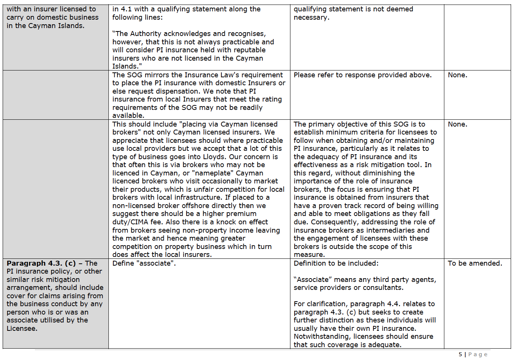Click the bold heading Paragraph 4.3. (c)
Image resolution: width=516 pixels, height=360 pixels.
(x=41, y=263)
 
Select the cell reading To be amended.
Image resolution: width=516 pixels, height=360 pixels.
(x=475, y=263)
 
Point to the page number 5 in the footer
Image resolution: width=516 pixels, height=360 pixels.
(x=460, y=354)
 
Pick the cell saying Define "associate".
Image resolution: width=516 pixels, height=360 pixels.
(x=144, y=263)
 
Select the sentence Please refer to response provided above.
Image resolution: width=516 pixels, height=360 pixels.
(x=362, y=75)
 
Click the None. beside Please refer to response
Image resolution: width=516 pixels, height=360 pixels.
(x=457, y=75)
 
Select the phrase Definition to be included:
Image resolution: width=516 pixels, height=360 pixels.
(x=336, y=263)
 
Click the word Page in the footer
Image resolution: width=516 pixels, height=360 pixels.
(x=478, y=354)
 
